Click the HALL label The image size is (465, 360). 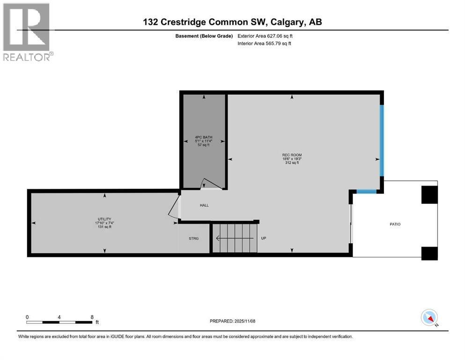(204, 205)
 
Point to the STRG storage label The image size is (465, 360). (193, 239)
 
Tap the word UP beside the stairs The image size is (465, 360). (264, 238)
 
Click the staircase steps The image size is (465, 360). (234, 238)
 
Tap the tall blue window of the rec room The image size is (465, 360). (382, 140)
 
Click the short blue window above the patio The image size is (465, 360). (366, 191)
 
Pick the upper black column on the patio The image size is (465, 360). (429, 195)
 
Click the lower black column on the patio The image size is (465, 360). (429, 253)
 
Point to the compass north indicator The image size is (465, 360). (429, 318)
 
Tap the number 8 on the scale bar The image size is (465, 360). (91, 317)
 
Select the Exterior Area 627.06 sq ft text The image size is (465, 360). (266, 36)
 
